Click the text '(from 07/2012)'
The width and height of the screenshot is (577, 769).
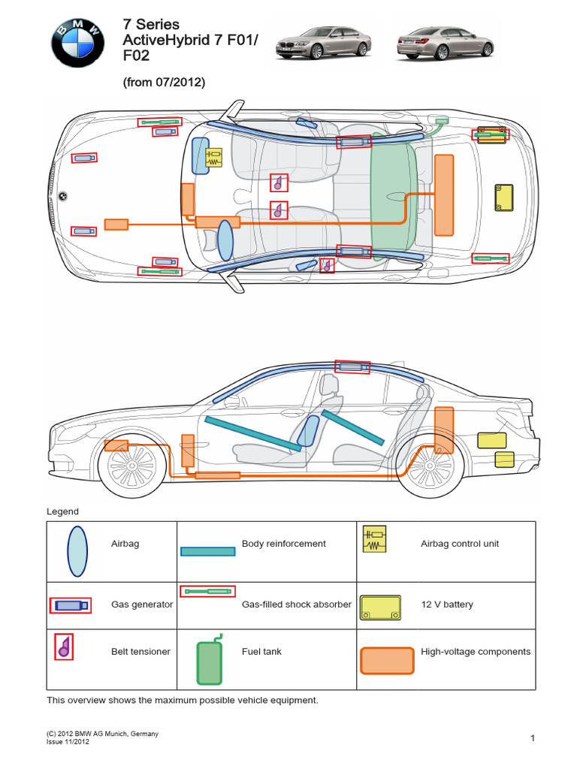164,83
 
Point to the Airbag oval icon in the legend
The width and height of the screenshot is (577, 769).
77,551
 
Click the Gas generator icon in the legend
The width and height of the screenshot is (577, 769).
71,605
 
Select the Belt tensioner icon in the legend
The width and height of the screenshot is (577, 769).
64,647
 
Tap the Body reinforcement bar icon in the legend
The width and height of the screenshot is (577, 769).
208,551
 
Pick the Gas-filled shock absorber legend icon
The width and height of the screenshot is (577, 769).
207,592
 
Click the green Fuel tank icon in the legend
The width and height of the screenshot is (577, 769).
210,661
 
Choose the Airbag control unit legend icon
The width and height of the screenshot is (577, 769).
373,540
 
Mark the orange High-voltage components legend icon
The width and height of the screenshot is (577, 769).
387,661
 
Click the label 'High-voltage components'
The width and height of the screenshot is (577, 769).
476,652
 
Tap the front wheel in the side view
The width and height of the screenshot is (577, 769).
131,471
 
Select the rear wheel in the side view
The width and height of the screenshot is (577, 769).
425,471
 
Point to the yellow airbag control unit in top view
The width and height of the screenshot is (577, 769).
215,156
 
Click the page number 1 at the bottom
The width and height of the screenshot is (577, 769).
533,739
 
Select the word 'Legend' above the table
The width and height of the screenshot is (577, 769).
62,512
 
